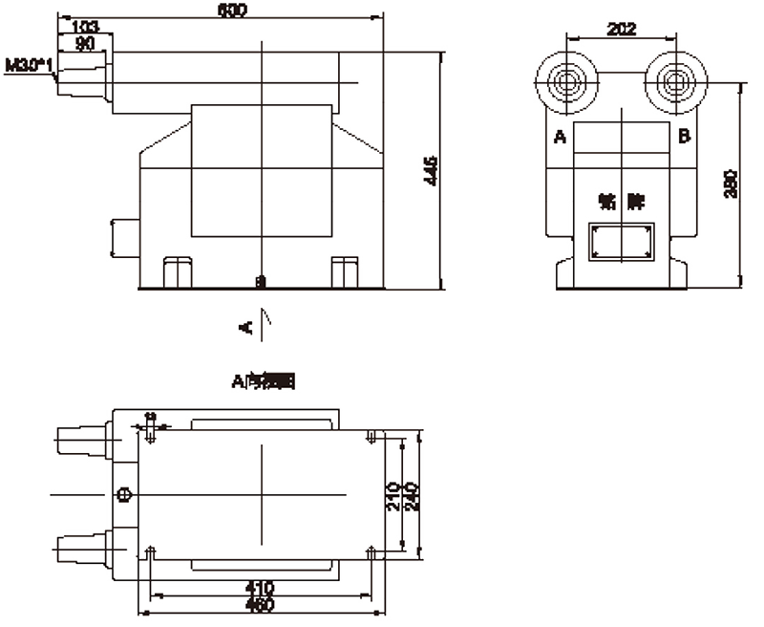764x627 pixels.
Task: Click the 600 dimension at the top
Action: (x=232, y=10)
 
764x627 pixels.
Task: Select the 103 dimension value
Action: (x=85, y=25)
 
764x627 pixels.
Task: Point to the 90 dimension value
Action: (x=85, y=43)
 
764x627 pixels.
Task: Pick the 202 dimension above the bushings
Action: (x=622, y=30)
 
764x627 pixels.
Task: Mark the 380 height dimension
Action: (x=730, y=184)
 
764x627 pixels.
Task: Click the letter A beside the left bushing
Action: (x=561, y=138)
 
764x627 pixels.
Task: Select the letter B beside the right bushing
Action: (x=684, y=137)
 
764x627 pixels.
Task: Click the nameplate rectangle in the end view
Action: (x=622, y=242)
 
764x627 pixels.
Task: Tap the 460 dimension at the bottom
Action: (x=260, y=605)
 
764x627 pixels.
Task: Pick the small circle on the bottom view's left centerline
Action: (x=122, y=494)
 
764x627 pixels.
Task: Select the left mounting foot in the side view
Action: (x=177, y=271)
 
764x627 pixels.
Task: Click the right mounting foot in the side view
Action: (x=343, y=271)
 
